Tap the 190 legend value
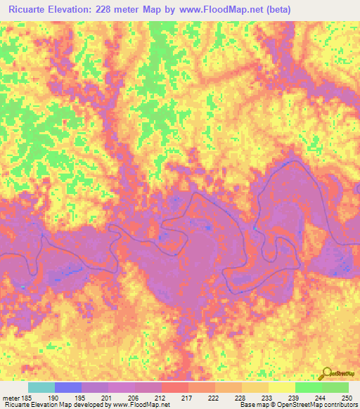(x=56, y=397)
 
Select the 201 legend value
(x=108, y=397)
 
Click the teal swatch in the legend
(x=41, y=387)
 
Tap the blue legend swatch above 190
(x=68, y=387)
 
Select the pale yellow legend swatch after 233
(x=281, y=387)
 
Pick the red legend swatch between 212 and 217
(x=175, y=387)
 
